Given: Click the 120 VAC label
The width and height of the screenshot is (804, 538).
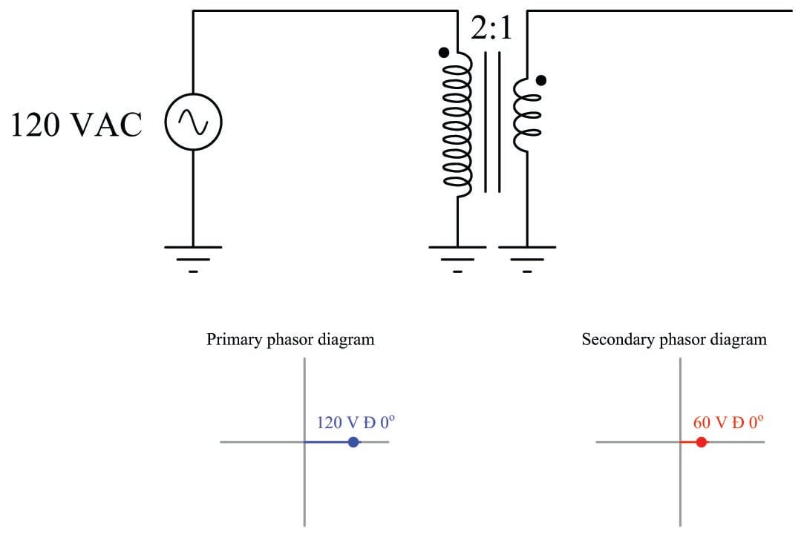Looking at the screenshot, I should click(76, 125).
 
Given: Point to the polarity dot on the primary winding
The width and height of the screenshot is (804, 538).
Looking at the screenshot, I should click(444, 52).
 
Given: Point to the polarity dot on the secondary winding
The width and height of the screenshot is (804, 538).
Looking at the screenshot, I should click(541, 79).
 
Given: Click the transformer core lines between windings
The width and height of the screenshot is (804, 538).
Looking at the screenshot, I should click(492, 122).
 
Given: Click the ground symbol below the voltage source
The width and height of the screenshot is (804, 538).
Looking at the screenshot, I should click(193, 257).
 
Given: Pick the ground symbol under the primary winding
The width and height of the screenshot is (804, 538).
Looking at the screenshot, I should click(457, 257).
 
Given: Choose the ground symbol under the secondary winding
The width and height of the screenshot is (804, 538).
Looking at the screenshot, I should click(527, 257).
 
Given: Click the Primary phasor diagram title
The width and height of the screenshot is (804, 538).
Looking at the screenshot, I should click(290, 340).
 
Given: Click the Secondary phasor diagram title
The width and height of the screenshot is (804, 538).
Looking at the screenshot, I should click(674, 340).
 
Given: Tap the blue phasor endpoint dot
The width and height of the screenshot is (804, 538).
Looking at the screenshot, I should click(353, 442).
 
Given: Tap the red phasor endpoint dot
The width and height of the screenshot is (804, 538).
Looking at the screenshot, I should click(701, 442).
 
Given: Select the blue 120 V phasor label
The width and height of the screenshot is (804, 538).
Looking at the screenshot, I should click(356, 423).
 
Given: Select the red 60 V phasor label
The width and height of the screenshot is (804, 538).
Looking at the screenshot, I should click(728, 423).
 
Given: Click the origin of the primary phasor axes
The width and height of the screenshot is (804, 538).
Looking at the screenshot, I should click(305, 442).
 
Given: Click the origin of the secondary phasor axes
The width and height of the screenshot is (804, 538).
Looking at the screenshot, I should click(681, 442).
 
